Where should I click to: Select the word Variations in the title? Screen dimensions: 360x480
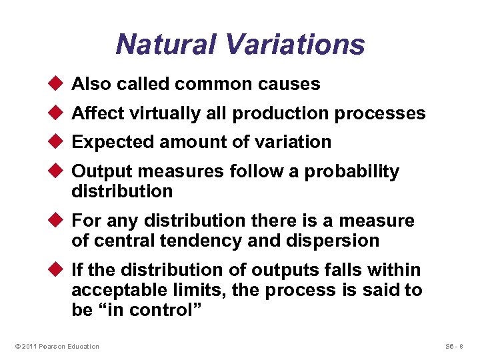tap(295, 45)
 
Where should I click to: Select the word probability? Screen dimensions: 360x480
tap(351, 171)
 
